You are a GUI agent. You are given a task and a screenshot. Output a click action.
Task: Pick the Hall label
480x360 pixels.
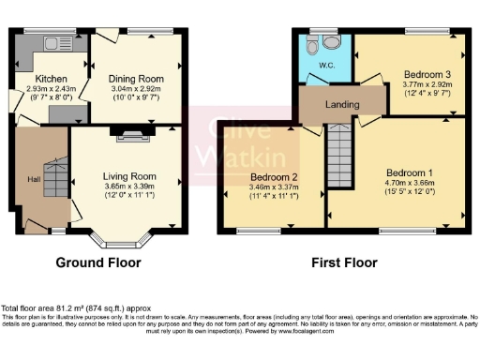click(33, 179)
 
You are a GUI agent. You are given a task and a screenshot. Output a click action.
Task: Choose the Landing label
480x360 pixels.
click(343, 105)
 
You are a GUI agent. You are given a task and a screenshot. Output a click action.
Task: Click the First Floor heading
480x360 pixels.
click(344, 262)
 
